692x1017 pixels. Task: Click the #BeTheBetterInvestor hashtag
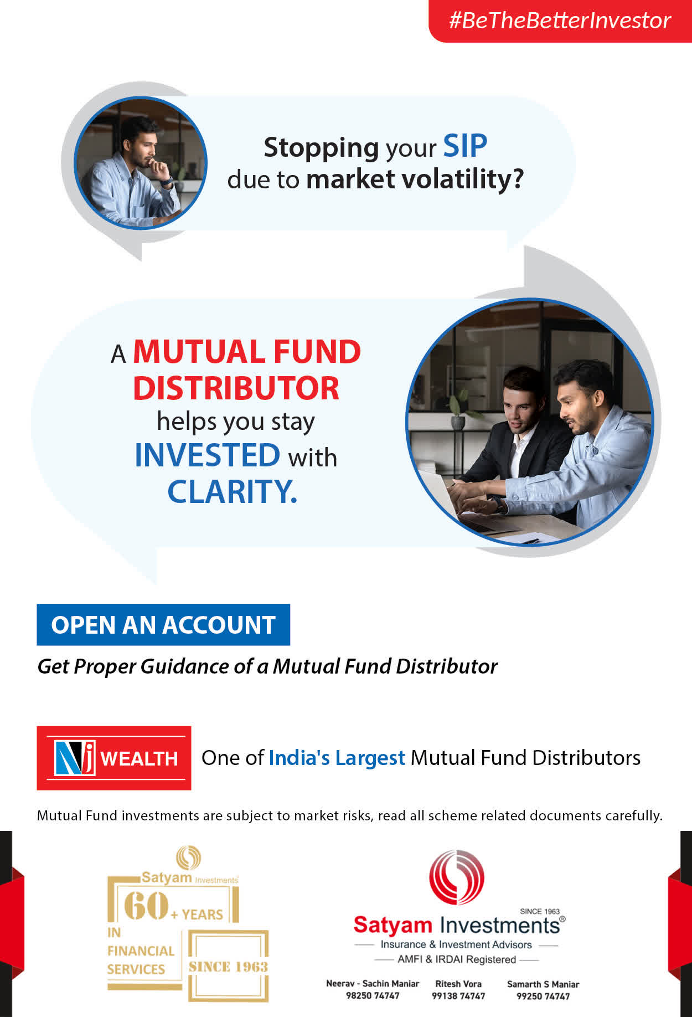560,20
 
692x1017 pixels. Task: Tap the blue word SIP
465,146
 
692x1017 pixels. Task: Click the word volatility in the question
462,179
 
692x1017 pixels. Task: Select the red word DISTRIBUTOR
236,388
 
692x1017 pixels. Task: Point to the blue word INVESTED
208,455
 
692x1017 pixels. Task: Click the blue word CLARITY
232,491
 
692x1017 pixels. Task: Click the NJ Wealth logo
114,758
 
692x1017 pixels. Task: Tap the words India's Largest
337,758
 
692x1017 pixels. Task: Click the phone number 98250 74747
373,995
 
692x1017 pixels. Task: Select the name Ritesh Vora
458,984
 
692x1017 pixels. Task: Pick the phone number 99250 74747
543,996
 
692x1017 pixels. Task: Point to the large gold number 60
146,905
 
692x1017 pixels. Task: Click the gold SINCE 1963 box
228,967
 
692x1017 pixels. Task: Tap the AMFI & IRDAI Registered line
457,959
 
